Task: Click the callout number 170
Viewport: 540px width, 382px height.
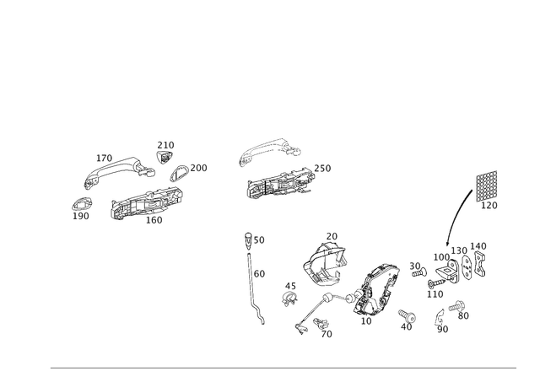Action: pyautogui.click(x=104, y=158)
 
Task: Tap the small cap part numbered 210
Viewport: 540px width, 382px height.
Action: pyautogui.click(x=165, y=158)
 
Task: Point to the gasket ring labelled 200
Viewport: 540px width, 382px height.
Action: pyautogui.click(x=179, y=173)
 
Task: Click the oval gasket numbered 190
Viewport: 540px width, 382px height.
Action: pyautogui.click(x=82, y=204)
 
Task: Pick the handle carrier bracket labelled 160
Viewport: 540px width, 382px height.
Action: pyautogui.click(x=146, y=203)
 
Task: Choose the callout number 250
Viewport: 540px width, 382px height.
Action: pyautogui.click(x=322, y=169)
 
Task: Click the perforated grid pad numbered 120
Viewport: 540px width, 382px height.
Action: pyautogui.click(x=487, y=186)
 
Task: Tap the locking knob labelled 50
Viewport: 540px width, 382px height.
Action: pyautogui.click(x=248, y=239)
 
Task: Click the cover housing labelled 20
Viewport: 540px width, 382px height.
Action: pyautogui.click(x=324, y=264)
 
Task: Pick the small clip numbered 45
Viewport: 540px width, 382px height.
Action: pyautogui.click(x=289, y=299)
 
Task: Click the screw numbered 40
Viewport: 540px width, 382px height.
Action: pyautogui.click(x=408, y=315)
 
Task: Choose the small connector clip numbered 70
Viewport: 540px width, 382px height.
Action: pyautogui.click(x=320, y=323)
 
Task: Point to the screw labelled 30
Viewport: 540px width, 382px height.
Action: pyautogui.click(x=419, y=273)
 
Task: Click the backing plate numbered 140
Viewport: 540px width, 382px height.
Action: pyautogui.click(x=480, y=264)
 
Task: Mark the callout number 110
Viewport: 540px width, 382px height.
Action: pyautogui.click(x=435, y=294)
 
